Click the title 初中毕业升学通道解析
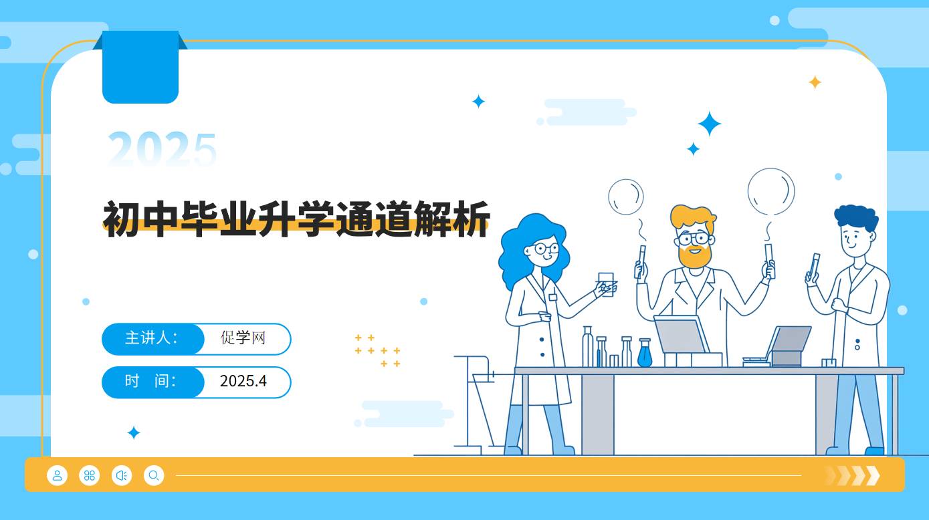click(296, 219)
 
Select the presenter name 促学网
click(243, 338)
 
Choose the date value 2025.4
click(243, 382)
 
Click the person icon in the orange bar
click(58, 476)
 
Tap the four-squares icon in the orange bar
click(89, 476)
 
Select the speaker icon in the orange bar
click(121, 476)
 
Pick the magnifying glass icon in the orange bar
click(153, 476)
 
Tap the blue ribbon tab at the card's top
click(140, 67)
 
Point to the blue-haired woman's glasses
click(546, 249)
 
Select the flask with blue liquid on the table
click(644, 354)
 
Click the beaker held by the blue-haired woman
click(606, 283)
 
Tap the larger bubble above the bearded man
click(771, 191)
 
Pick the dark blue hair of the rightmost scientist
click(856, 217)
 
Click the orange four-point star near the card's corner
click(815, 82)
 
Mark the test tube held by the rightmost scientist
click(814, 265)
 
